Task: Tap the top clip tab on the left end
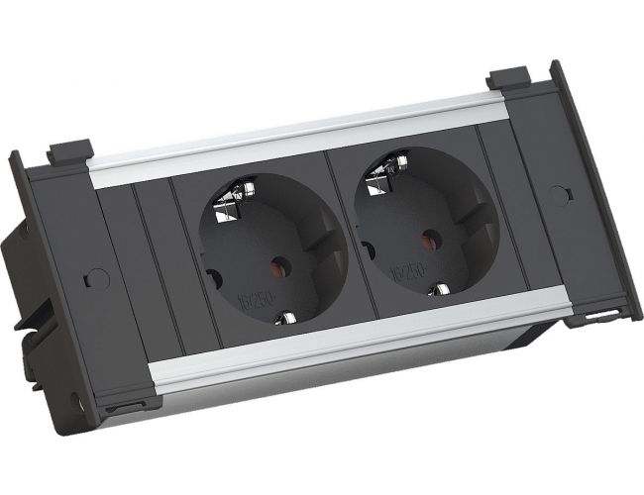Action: pos(70,150)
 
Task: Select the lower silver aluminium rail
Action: pos(357,348)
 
